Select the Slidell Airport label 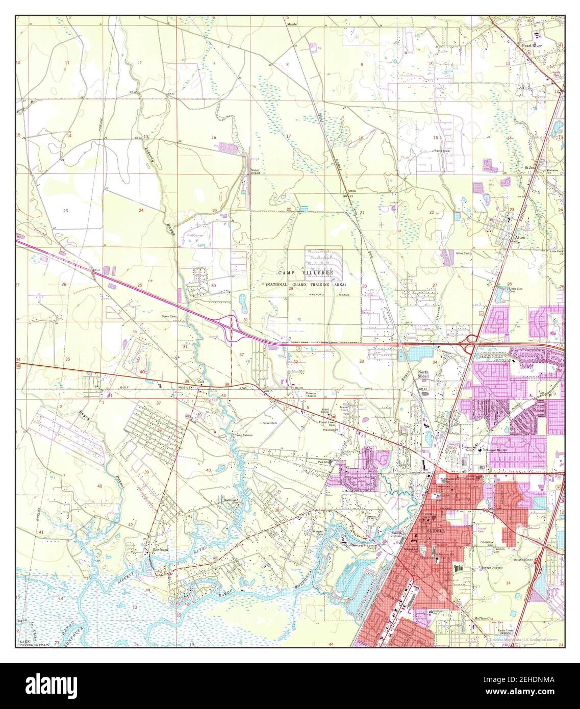click(255, 172)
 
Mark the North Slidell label click(423, 375)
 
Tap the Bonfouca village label click(160, 550)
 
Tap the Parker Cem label click(269, 423)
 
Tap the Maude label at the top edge click(291, 24)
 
